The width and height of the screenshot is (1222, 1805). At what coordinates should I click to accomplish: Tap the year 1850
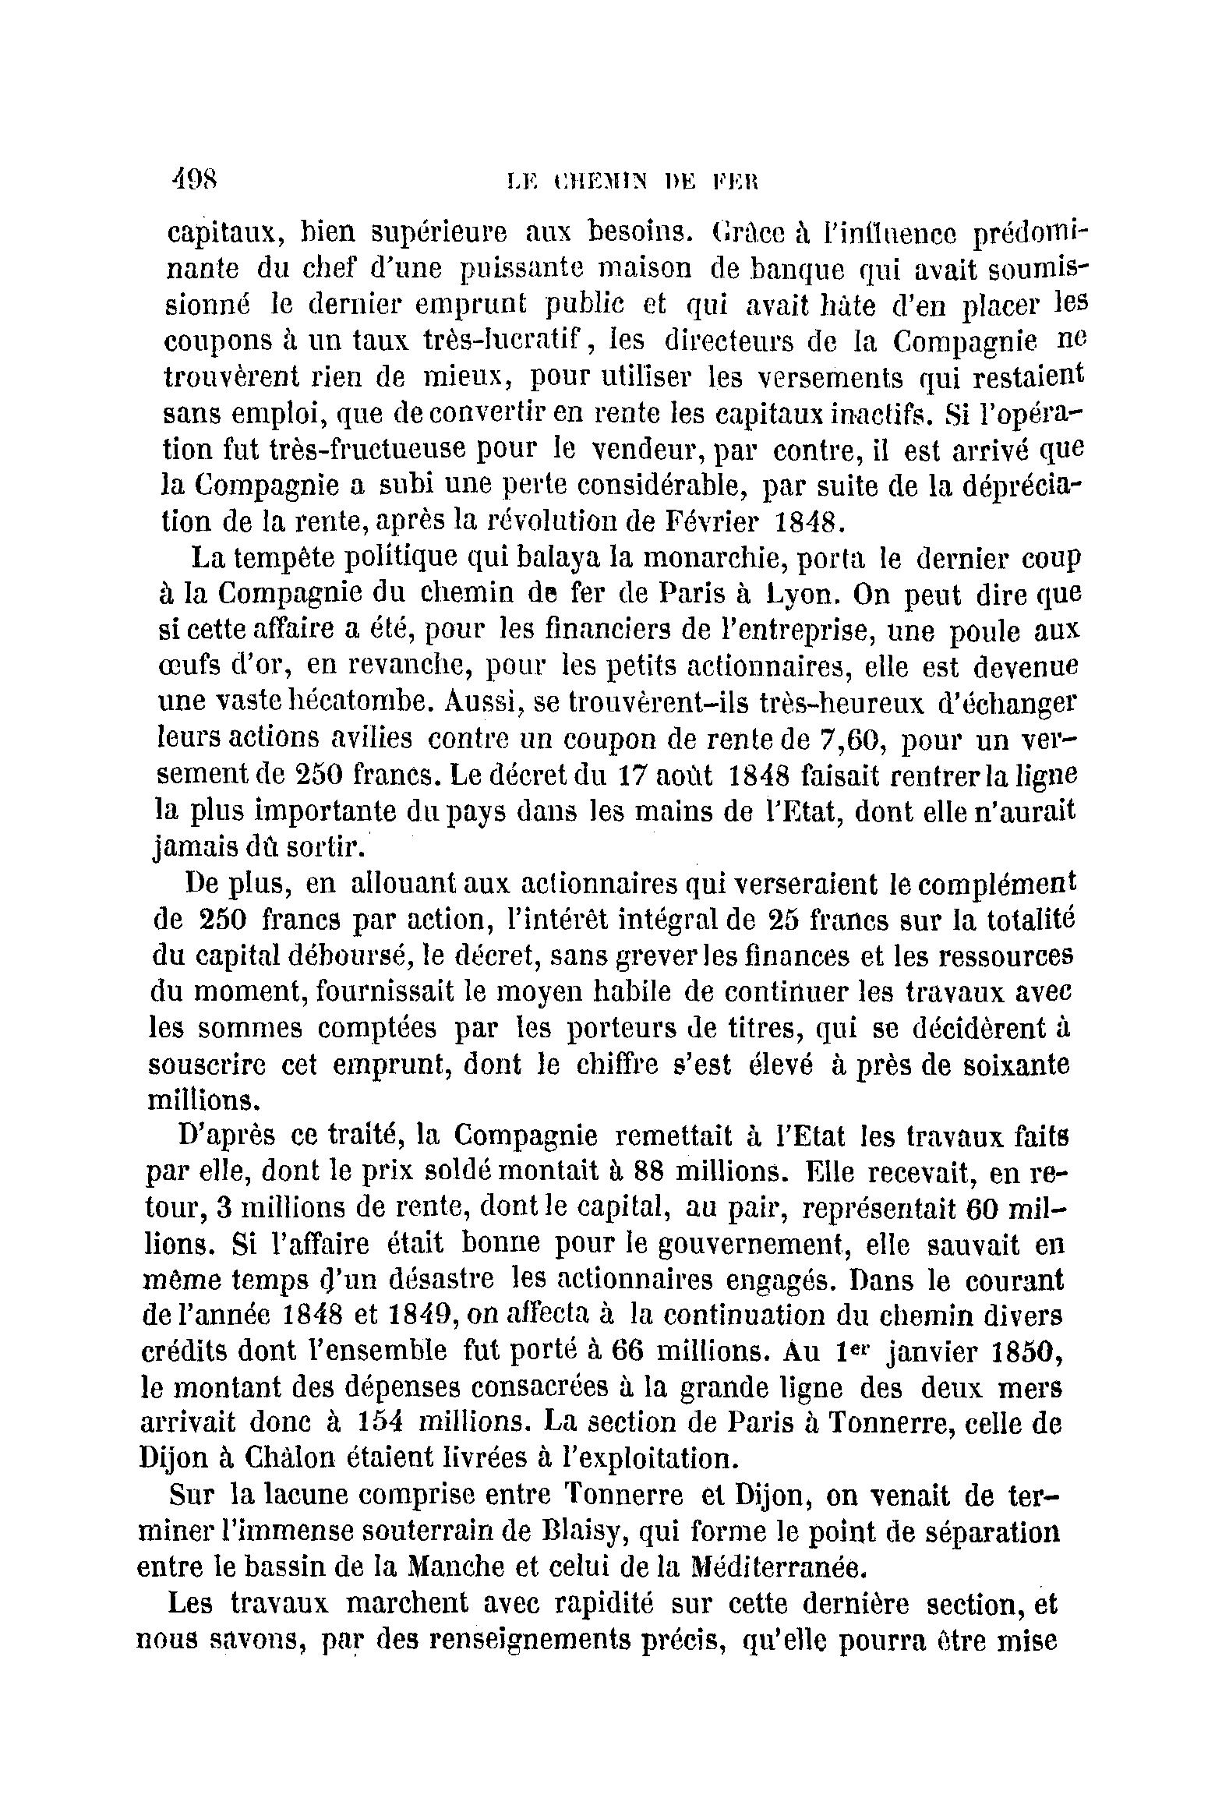point(1020,1351)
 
